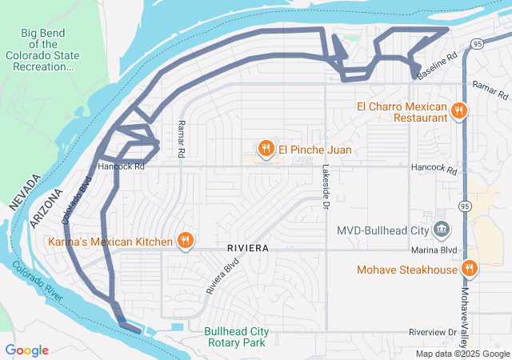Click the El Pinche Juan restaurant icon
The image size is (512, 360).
click(x=265, y=148)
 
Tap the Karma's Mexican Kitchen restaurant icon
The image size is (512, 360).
click(x=185, y=241)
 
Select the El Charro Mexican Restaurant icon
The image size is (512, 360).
click(x=458, y=111)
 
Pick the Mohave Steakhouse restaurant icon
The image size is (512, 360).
click(x=470, y=270)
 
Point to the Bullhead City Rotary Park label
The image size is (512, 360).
click(x=234, y=337)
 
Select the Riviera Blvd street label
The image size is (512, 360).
click(x=222, y=275)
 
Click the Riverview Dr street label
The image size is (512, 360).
click(x=431, y=331)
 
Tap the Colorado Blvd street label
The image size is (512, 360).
click(x=77, y=198)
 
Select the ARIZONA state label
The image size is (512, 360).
click(x=46, y=210)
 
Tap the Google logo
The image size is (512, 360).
click(x=27, y=350)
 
